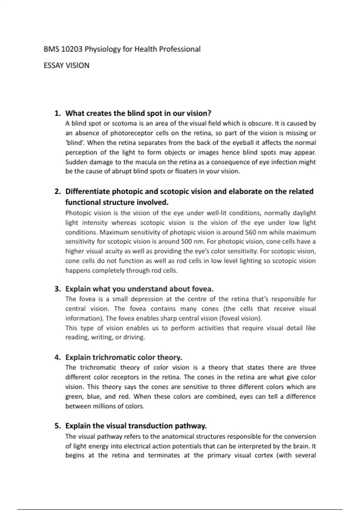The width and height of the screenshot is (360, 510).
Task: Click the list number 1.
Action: [x=58, y=113]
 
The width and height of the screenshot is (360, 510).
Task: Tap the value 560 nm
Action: [x=256, y=232]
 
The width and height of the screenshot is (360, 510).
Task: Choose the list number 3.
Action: [x=58, y=289]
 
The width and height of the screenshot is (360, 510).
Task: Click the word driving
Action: [x=134, y=337]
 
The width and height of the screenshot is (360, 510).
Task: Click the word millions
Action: [x=107, y=406]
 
